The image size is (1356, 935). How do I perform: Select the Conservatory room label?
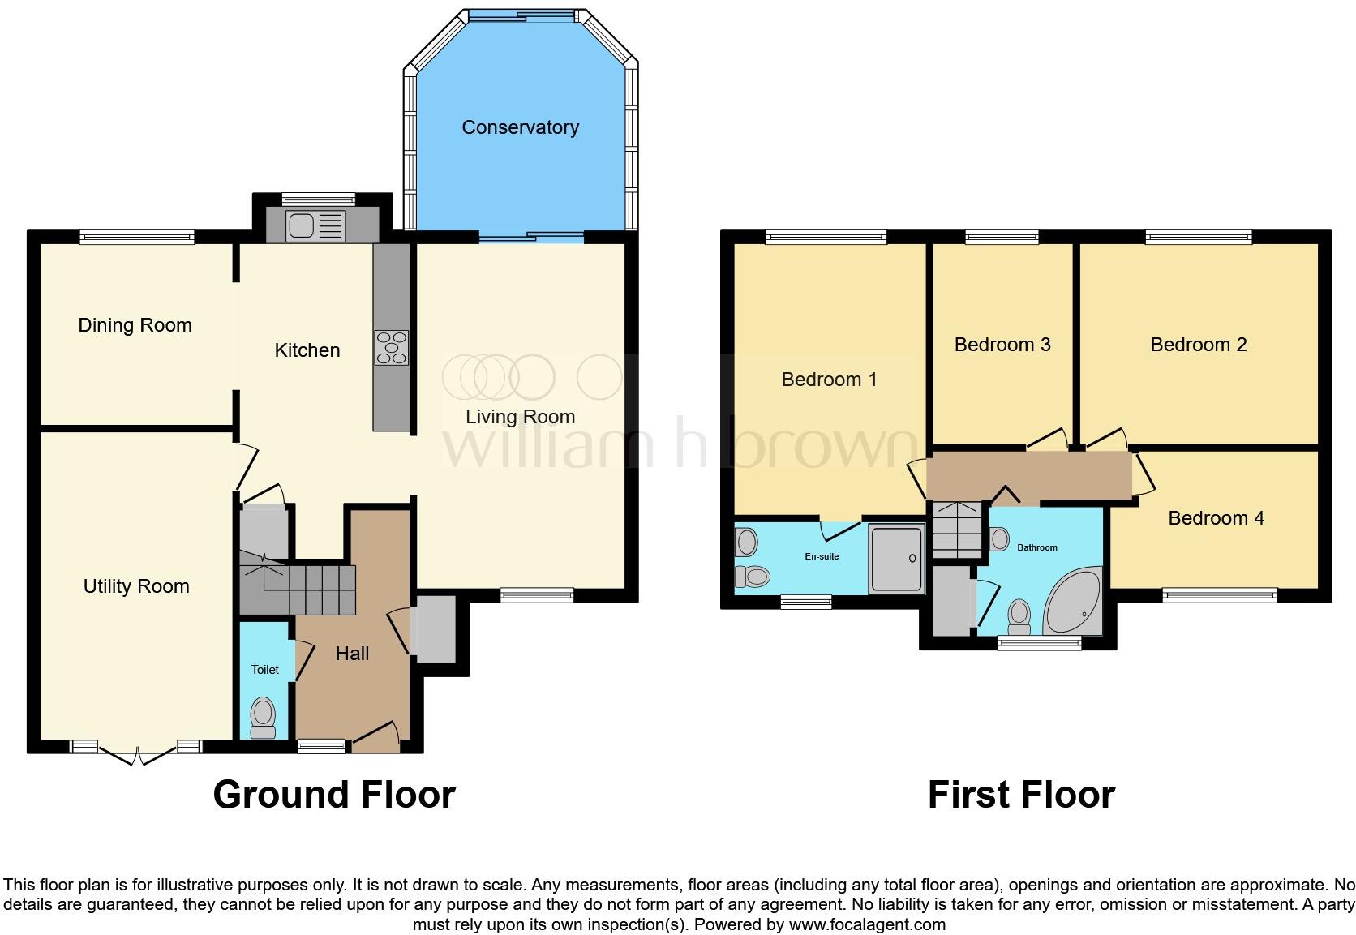tap(520, 127)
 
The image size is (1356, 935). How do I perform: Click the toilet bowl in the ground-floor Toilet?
tap(263, 716)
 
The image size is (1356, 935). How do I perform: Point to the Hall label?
tap(352, 654)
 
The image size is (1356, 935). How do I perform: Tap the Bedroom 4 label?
tap(1216, 518)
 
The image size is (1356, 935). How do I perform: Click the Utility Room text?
tap(136, 586)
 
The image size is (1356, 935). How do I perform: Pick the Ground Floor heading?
tap(334, 795)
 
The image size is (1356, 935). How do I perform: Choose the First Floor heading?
tap(1021, 795)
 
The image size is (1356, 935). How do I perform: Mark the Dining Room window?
tap(136, 237)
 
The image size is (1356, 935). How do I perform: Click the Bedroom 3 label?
tap(1002, 345)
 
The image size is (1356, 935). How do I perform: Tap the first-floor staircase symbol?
tap(957, 530)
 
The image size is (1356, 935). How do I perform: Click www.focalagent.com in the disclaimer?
tap(867, 924)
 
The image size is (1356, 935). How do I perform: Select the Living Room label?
tap(520, 417)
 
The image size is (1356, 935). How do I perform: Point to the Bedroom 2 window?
tap(1199, 237)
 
